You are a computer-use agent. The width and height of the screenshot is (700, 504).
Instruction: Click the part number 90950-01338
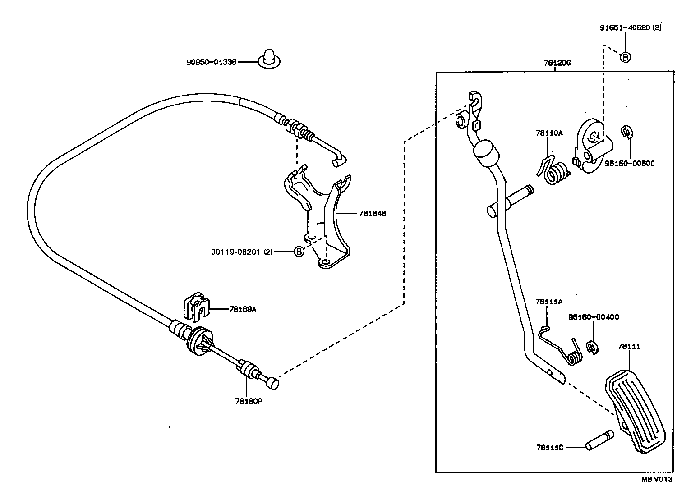coord(211,62)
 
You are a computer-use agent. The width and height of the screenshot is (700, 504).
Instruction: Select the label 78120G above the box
coord(557,63)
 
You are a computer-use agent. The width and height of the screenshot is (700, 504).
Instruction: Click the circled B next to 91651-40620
coord(625,57)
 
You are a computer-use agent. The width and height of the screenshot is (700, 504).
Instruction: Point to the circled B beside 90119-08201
coord(299,252)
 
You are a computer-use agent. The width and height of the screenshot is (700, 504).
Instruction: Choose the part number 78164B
coord(372,213)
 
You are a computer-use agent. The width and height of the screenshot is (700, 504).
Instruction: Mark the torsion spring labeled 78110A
coord(555,172)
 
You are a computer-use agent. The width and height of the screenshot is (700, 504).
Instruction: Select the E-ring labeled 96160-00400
coord(592,347)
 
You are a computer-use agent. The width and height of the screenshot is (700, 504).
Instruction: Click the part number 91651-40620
coord(625,27)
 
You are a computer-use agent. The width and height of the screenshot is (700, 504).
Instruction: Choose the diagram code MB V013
coord(657,479)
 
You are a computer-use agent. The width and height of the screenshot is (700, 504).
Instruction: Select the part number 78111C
coord(550,447)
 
